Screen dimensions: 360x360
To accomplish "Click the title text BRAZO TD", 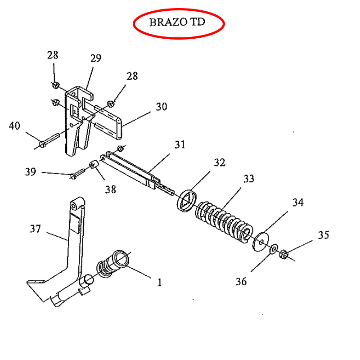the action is coord(177,22).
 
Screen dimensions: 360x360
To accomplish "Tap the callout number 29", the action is coord(96,58).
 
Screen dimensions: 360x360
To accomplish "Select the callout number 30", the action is coord(162,107).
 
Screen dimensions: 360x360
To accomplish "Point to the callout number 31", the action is coord(180,144).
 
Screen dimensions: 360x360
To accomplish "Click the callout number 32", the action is coord(220,162).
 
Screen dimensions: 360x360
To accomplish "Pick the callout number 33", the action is coord(249,179).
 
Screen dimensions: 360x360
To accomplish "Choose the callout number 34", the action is coord(298,202).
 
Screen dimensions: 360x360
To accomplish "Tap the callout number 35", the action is coord(324,235).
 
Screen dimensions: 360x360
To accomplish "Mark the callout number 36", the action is coord(241,282).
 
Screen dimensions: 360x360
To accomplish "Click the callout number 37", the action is coord(36,229).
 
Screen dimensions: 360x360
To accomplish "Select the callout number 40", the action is coord(14,126).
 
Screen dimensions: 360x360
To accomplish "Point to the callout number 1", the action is coord(160,283).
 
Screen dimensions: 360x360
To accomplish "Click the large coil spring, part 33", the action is coord(224,222).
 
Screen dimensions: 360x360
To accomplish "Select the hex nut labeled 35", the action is coord(283,254).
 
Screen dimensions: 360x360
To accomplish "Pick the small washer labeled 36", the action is coord(274,249).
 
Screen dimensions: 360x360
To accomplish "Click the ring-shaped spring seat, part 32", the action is coord(187,201).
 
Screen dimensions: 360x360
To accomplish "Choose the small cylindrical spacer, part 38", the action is coord(94,164).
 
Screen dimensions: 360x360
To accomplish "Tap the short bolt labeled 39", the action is coord(77,174).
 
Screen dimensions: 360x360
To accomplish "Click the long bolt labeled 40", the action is coord(49,140).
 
